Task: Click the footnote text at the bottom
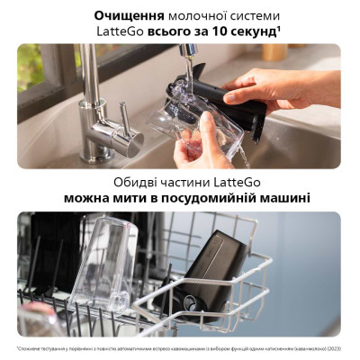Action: (180, 348)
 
